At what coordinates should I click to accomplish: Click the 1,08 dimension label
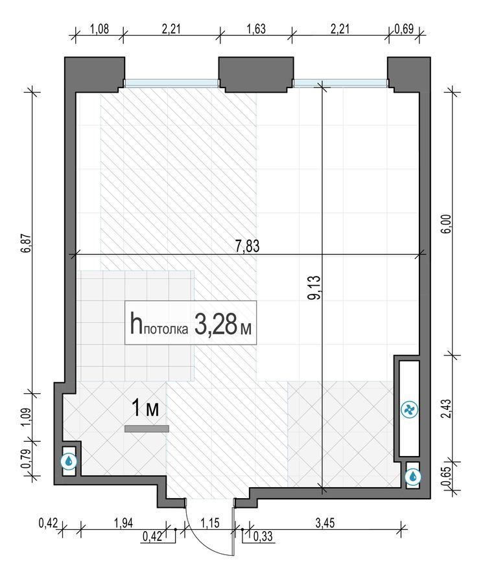(99, 28)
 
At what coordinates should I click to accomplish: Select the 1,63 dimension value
(256, 28)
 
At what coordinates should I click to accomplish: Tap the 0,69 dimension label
(404, 28)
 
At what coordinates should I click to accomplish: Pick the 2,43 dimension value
(446, 409)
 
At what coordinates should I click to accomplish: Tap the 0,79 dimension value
(25, 459)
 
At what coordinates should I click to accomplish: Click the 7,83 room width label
(248, 246)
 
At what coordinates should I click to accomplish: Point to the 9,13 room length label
(314, 287)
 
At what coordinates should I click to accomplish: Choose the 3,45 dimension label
(325, 523)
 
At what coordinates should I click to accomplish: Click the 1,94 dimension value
(123, 523)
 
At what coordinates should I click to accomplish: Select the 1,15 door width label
(210, 523)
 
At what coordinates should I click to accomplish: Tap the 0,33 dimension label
(263, 536)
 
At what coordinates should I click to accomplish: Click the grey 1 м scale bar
(147, 429)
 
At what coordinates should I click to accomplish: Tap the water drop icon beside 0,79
(69, 461)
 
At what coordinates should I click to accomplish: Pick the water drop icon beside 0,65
(413, 476)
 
